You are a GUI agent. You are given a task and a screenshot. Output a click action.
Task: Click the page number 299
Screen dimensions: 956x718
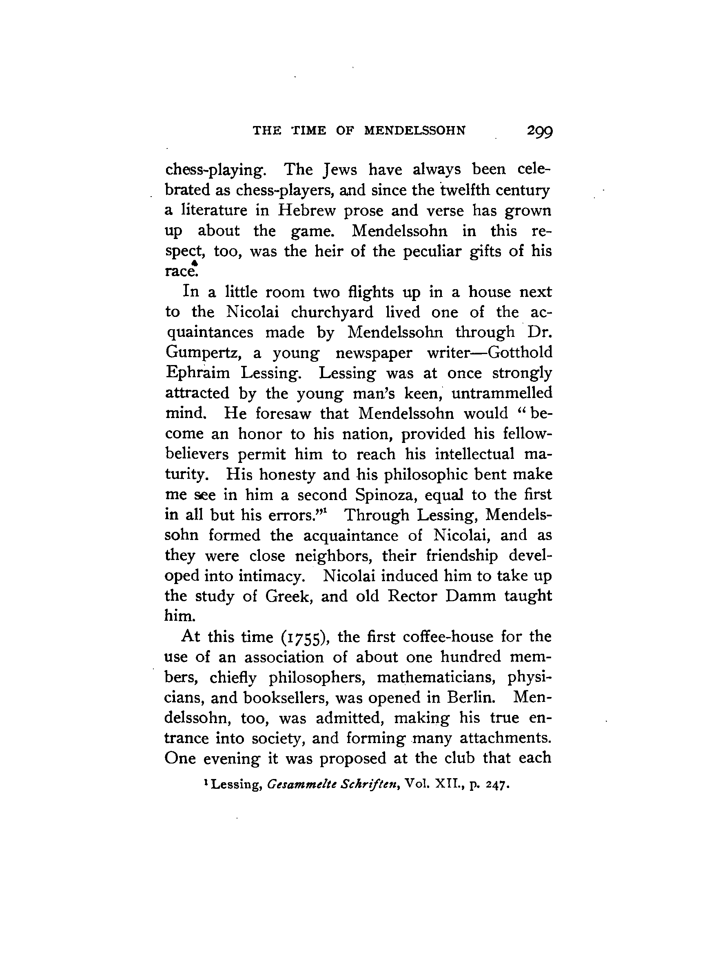click(539, 131)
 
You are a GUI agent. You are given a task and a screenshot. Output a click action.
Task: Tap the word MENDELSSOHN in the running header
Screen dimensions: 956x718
click(415, 131)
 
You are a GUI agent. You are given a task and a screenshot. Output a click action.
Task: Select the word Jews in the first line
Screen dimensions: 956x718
click(340, 169)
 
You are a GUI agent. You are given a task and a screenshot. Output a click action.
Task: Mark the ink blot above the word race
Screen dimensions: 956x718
click(195, 263)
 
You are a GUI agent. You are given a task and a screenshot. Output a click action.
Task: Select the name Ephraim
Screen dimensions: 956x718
click(197, 373)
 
